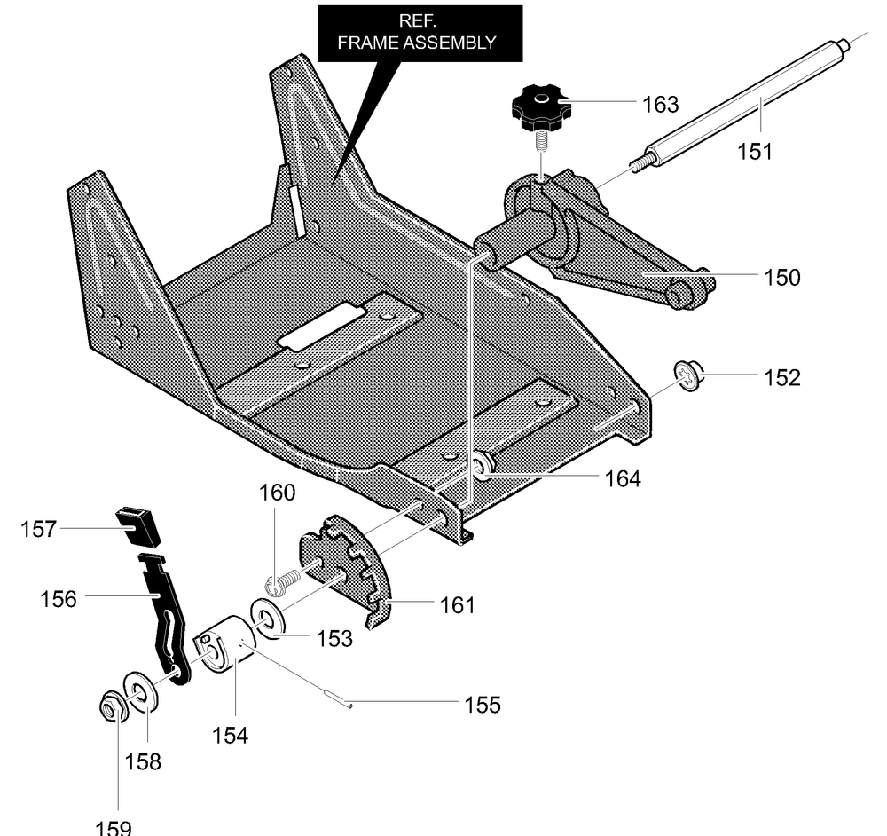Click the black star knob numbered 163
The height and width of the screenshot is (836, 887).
(x=538, y=107)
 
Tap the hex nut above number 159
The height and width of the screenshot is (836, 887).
(x=110, y=706)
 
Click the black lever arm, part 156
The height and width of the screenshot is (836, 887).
(x=167, y=615)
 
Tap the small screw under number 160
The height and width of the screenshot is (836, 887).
(x=281, y=583)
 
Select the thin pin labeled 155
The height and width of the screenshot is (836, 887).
(x=337, y=698)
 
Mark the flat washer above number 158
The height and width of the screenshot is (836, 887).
(x=140, y=691)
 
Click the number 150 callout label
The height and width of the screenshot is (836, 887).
(x=781, y=278)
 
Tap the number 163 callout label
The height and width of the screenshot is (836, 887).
(x=660, y=104)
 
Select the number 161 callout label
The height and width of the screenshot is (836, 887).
(x=457, y=605)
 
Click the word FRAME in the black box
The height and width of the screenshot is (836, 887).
(x=368, y=43)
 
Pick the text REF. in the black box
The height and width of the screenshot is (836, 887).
(x=418, y=21)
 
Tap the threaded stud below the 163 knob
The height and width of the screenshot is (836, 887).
(x=541, y=140)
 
